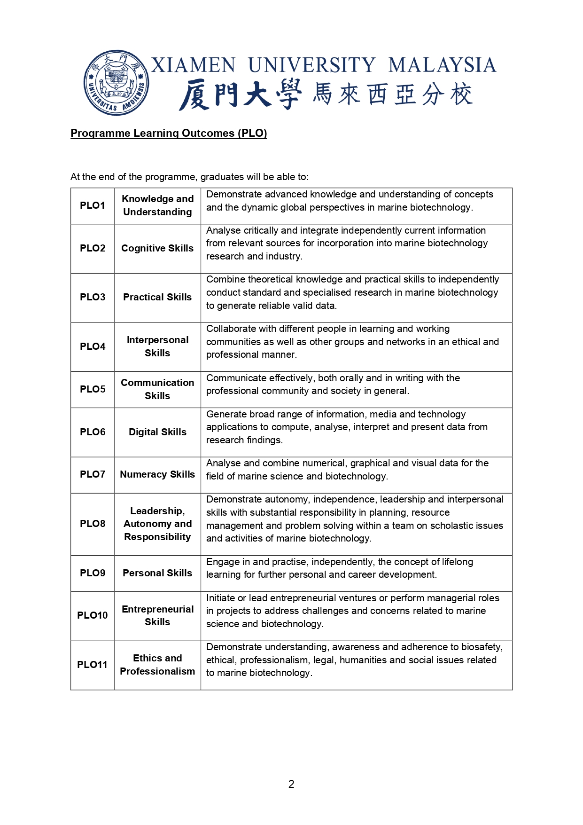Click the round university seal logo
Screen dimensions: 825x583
coord(116,83)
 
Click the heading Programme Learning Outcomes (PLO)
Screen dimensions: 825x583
coord(169,134)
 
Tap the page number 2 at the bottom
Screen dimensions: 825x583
coord(291,784)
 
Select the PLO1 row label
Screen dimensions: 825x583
coord(93,205)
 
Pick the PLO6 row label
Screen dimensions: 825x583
coord(93,432)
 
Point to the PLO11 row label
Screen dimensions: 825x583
coord(93,665)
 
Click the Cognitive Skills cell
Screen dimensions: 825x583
coord(157,248)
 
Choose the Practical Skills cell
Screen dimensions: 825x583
coord(157,297)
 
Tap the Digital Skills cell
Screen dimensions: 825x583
coord(157,432)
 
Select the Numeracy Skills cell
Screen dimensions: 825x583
coord(157,474)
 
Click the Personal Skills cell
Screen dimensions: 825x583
coord(157,573)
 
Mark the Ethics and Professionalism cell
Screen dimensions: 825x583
coord(157,665)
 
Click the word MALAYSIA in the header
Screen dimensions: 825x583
coord(442,65)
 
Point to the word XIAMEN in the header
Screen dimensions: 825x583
coord(193,65)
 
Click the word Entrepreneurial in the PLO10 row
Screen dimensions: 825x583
coord(157,609)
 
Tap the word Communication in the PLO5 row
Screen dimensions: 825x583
coord(157,383)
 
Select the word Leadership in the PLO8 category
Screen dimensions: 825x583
coord(156,511)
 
